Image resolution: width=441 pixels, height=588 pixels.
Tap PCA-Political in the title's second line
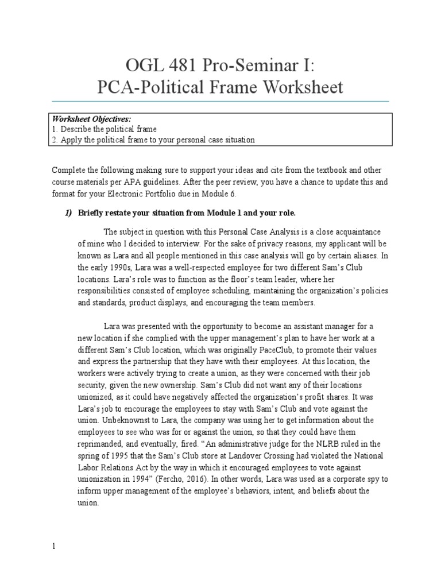(152, 87)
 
